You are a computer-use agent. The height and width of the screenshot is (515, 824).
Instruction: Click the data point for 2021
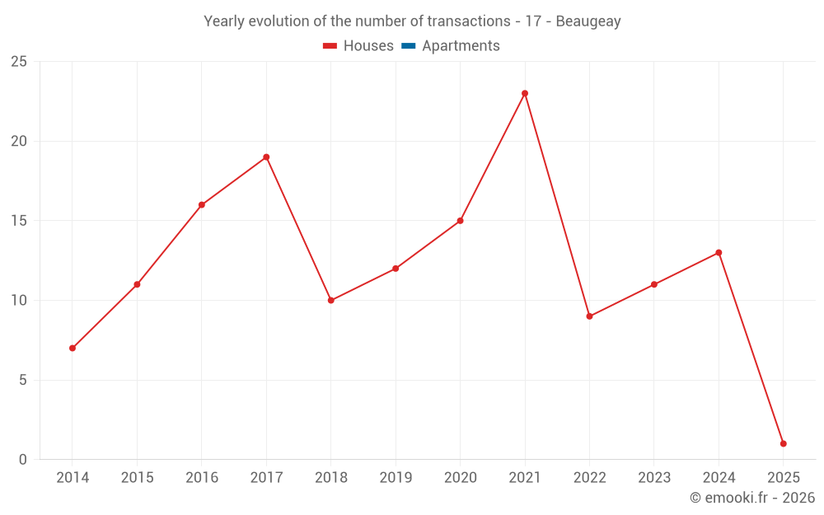[525, 93]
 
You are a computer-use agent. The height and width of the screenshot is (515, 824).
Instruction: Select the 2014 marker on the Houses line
[73, 348]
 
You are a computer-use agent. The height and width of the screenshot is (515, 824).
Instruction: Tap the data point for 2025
[783, 443]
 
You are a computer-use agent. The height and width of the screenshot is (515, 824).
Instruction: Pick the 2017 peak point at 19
[266, 157]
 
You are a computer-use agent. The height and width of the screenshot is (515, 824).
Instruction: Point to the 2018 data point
[330, 300]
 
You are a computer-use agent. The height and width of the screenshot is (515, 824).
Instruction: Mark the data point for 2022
[589, 316]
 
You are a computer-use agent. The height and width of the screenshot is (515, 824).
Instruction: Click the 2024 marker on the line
[719, 252]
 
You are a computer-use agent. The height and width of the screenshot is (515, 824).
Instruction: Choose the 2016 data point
[202, 204]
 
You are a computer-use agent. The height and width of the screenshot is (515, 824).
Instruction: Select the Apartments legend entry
[460, 46]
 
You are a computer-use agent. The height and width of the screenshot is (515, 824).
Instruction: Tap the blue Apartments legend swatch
[408, 46]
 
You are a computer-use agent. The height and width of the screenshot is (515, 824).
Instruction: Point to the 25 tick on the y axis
[19, 62]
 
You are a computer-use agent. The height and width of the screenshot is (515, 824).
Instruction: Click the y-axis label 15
[19, 221]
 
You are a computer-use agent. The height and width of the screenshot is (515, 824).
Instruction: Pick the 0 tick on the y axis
[23, 460]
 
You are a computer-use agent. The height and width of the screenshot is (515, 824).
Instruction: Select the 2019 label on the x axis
[396, 478]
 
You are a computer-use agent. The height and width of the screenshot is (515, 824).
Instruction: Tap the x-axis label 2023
[654, 478]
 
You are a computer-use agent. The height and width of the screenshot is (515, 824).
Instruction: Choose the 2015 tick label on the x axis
[137, 478]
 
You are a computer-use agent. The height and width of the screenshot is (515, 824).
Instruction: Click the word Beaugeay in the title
[588, 21]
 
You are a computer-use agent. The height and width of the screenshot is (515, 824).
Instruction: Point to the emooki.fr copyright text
[752, 498]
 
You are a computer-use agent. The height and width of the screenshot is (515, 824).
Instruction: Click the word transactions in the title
[470, 21]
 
